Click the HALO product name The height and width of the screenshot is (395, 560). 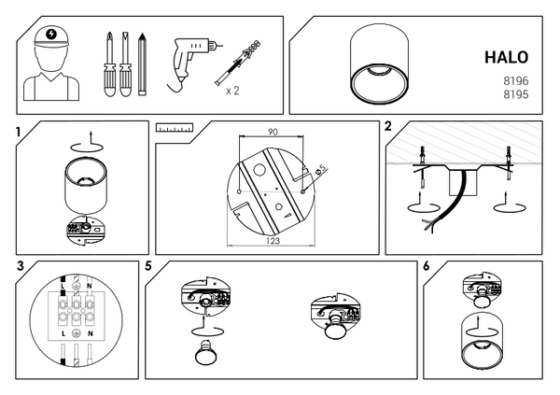506,57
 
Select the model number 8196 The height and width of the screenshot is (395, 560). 516,81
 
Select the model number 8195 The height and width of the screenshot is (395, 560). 516,94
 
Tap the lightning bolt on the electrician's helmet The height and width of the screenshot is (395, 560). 51,34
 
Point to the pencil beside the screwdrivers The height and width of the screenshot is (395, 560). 143,64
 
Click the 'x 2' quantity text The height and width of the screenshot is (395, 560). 232,92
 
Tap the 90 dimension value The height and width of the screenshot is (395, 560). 273,132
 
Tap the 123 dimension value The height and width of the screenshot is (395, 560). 273,241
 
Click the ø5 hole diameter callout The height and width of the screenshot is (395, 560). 321,169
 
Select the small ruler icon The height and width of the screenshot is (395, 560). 175,128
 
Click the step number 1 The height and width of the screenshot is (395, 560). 19,133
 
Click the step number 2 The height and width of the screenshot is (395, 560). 388,126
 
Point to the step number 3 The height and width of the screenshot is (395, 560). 20,266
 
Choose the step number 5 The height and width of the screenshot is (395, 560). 148,266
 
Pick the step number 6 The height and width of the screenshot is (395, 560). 427,266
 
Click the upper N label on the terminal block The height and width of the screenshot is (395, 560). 90,286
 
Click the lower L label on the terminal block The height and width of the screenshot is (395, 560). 63,334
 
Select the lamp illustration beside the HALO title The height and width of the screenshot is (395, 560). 379,64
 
